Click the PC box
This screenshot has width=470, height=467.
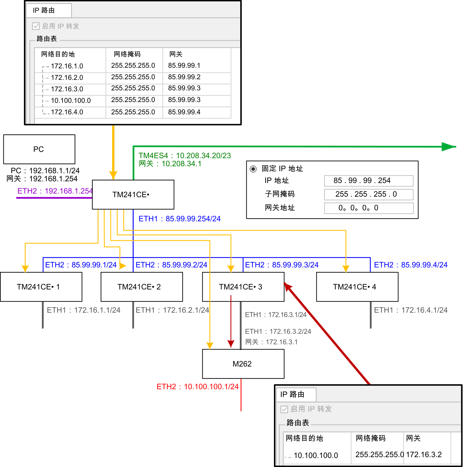tap(39, 149)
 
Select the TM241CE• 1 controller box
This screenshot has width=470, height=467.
tap(41, 287)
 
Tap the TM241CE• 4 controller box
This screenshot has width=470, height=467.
tap(357, 287)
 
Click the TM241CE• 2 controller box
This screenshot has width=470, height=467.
tap(141, 287)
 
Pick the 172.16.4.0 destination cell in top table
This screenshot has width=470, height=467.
tap(67, 112)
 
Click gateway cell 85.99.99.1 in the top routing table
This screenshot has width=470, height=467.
tap(184, 66)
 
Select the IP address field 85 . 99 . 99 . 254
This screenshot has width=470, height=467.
tap(368, 181)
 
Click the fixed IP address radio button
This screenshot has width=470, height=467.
tap(253, 169)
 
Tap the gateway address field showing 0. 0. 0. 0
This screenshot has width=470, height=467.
tap(368, 208)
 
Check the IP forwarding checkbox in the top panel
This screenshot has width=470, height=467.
tap(36, 26)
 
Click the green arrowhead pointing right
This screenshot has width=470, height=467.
tap(448, 147)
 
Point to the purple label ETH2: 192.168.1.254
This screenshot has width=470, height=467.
tap(55, 191)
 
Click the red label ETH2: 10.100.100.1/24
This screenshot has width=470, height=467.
tap(197, 387)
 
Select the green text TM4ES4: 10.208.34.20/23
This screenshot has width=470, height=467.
tap(185, 156)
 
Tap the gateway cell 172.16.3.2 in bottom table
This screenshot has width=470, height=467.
tap(424, 455)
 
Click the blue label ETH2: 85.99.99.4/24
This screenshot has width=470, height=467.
tap(410, 265)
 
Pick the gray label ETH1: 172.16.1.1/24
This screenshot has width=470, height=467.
tap(83, 310)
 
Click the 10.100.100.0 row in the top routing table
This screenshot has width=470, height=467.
tap(71, 101)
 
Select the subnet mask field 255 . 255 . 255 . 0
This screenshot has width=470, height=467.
tap(368, 194)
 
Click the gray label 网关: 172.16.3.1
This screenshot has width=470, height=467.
tap(271, 342)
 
